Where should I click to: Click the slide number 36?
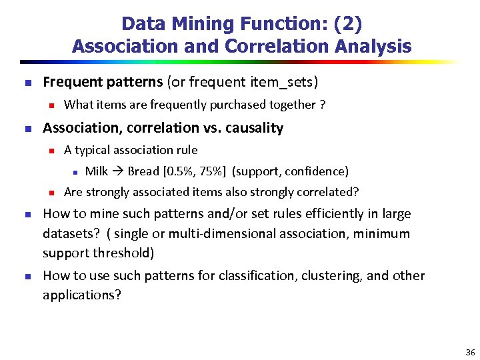(470, 352)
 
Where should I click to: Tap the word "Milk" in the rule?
(97, 171)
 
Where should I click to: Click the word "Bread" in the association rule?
(143, 171)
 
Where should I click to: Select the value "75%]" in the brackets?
(211, 171)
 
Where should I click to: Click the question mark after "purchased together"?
(322, 105)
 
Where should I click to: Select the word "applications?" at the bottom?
(82, 295)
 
